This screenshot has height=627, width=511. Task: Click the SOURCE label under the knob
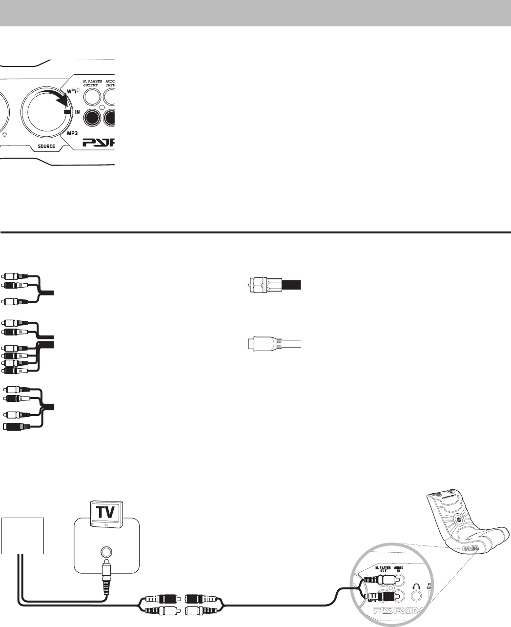coord(43,146)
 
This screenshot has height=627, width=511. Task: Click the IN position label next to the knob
coord(77,112)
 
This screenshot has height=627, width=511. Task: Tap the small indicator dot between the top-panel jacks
coord(102,107)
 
